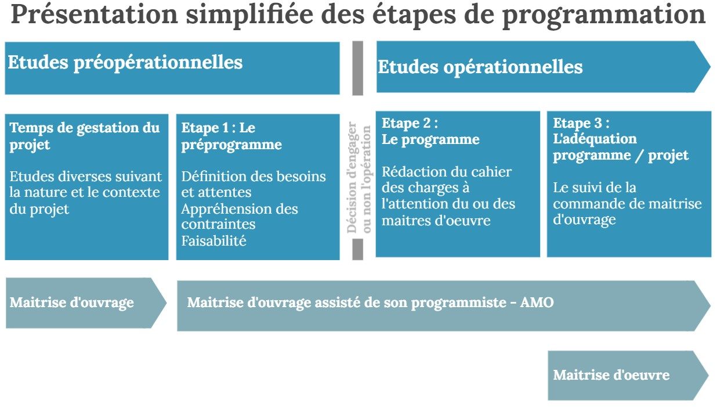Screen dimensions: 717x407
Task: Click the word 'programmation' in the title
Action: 603,15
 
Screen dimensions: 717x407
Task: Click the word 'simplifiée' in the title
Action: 249,15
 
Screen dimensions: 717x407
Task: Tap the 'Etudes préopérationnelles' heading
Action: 125,62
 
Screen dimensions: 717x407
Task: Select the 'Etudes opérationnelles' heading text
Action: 480,67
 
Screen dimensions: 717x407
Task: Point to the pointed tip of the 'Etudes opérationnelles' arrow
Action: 710,67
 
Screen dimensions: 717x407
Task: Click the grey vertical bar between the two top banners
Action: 357,68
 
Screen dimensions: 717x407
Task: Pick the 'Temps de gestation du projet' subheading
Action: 85,136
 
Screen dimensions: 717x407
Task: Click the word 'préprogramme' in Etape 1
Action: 231,145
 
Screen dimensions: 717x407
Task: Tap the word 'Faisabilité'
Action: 214,241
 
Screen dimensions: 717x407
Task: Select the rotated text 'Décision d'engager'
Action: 352,177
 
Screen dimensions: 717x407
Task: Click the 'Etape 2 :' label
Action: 410,123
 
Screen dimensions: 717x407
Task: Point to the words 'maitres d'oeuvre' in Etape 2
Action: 436,221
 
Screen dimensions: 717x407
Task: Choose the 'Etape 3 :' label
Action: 581,123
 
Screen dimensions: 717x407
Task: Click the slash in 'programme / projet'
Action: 639,156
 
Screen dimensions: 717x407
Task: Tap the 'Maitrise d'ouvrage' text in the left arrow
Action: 72,303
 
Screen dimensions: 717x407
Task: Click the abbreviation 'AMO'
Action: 537,302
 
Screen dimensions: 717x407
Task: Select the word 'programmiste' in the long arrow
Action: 458,303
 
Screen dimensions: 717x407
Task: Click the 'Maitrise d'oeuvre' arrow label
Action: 611,375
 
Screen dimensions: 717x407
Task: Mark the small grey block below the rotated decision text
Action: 357,249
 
